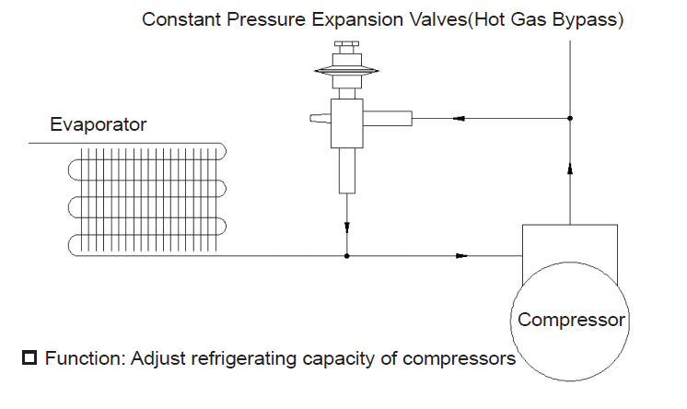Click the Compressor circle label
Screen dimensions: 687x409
tap(571, 320)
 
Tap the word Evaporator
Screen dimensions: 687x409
tap(99, 124)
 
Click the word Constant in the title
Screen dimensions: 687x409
tap(180, 19)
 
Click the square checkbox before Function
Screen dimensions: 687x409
tap(29, 357)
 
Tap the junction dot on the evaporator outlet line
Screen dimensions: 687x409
tap(347, 256)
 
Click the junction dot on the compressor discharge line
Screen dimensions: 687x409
tap(570, 118)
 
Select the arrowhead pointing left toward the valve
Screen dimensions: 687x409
tap(459, 118)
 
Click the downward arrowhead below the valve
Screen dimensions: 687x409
tap(347, 228)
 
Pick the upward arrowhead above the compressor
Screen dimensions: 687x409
tap(570, 169)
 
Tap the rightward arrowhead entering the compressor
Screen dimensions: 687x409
tap(461, 256)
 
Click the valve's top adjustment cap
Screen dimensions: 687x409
tap(346, 44)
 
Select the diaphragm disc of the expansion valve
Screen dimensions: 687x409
tap(346, 71)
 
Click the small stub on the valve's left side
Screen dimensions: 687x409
tap(320, 118)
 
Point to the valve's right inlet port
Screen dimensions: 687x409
tap(388, 118)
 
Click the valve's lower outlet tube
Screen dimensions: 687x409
tap(347, 170)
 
